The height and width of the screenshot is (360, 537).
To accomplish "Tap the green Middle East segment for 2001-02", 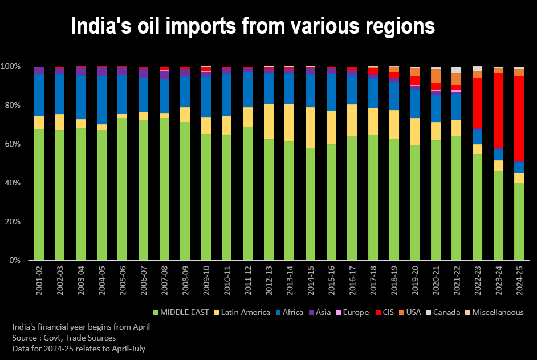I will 39,194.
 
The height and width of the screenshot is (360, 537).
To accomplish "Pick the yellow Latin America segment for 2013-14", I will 289,123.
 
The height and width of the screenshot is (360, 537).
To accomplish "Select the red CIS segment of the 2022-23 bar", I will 477,103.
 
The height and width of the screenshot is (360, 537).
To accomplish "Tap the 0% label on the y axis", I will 15,260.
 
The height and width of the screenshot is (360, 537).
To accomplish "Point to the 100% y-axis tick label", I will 10,67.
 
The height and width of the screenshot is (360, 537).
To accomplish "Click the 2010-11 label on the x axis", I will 226,280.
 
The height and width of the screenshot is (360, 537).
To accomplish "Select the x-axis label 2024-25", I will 519,280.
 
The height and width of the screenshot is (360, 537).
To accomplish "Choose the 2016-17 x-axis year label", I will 352,280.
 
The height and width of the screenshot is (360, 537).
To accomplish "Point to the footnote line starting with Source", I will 64,338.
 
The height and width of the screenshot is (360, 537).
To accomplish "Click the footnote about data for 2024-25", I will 79,348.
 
